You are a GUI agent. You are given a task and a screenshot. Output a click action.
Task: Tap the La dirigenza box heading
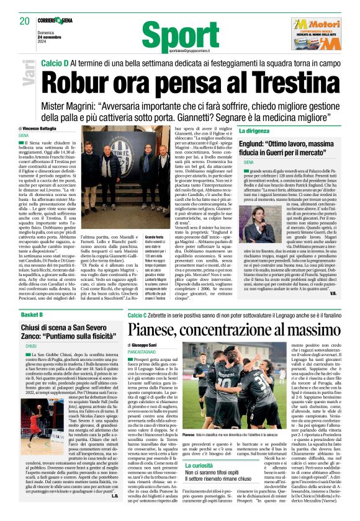(x=255, y=131)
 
